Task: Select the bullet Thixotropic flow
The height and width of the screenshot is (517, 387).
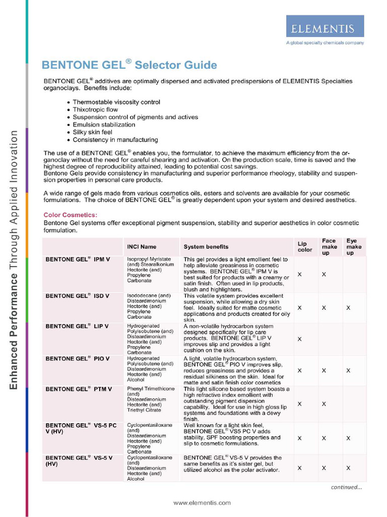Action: click(x=95, y=110)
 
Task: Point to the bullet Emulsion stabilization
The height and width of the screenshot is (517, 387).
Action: click(x=104, y=125)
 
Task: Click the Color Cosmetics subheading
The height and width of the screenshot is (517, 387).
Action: click(x=70, y=215)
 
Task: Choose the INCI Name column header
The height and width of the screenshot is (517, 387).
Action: click(x=142, y=247)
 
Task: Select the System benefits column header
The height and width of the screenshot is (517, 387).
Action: click(x=206, y=247)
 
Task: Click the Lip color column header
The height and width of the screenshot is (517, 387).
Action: click(x=304, y=247)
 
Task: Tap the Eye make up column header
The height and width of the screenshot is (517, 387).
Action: click(x=353, y=247)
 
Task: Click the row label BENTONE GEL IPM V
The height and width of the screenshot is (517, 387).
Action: click(x=78, y=260)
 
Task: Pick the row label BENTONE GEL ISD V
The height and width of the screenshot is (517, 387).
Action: click(x=78, y=296)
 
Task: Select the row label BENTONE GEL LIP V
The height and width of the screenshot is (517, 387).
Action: click(x=78, y=326)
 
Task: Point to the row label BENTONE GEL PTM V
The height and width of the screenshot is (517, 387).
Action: click(x=79, y=389)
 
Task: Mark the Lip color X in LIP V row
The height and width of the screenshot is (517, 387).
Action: click(x=299, y=339)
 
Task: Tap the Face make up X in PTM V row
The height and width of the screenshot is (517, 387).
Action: click(x=324, y=404)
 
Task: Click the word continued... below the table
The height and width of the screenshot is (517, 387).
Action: click(x=346, y=487)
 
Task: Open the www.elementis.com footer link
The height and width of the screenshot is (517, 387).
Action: click(x=202, y=503)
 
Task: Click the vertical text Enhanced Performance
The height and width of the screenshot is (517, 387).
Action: click(x=14, y=331)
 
